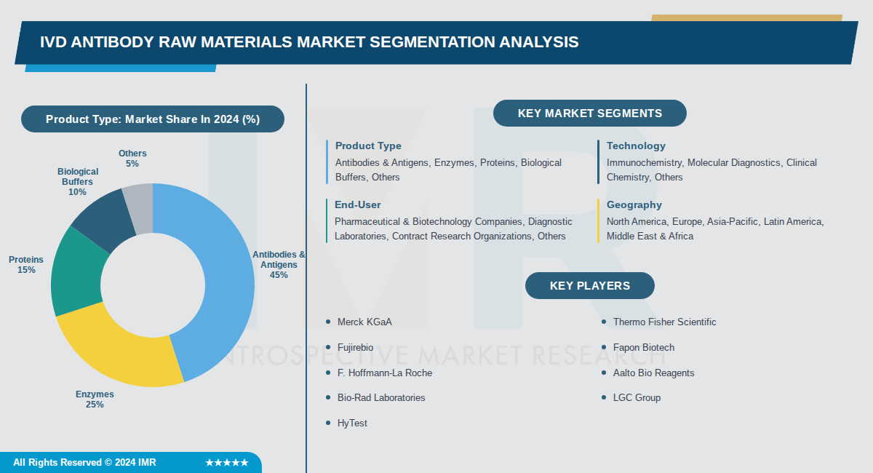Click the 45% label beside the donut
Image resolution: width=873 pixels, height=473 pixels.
[279, 275]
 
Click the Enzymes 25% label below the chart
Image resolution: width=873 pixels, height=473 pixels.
[95, 400]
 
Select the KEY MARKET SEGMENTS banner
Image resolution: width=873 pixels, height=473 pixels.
[589, 114]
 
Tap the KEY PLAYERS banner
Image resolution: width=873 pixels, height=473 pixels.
[589, 285]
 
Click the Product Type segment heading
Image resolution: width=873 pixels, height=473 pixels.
[368, 146]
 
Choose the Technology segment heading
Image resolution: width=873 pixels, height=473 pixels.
[636, 146]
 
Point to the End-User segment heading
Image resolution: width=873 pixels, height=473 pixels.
[357, 205]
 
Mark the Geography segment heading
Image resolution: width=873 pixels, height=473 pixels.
[634, 205]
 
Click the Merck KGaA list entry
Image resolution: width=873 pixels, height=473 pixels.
[364, 322]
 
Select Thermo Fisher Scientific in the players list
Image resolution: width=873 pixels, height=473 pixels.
[664, 322]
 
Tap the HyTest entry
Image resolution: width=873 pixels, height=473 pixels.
[352, 423]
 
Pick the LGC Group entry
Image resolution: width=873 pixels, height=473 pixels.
[637, 397]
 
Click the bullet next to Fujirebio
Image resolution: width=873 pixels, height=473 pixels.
[328, 347]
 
